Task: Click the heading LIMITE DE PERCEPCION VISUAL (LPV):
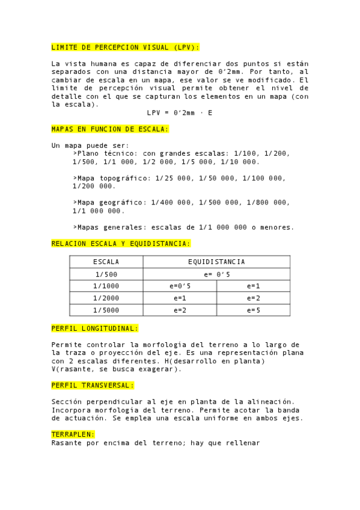pos(125,47)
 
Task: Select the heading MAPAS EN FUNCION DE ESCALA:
pos(110,129)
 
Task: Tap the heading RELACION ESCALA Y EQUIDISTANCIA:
pos(121,244)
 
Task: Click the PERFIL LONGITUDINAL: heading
pos(95,328)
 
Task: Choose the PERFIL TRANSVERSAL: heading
pos(93,385)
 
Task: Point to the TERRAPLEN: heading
pos(73,434)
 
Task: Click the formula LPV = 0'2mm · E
pos(180,112)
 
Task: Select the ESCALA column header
pos(106,262)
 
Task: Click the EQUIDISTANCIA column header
pos(216,262)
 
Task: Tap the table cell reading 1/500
pos(106,274)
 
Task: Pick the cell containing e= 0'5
pos(216,274)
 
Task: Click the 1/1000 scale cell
pos(106,286)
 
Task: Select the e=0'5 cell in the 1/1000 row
pos(180,286)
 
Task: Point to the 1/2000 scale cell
pos(106,298)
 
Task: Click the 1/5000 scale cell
pos(106,310)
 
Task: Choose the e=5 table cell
pos(253,310)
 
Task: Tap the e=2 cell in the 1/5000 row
pos(180,310)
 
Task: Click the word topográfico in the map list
pos(126,178)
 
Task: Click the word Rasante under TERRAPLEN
pos(68,443)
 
